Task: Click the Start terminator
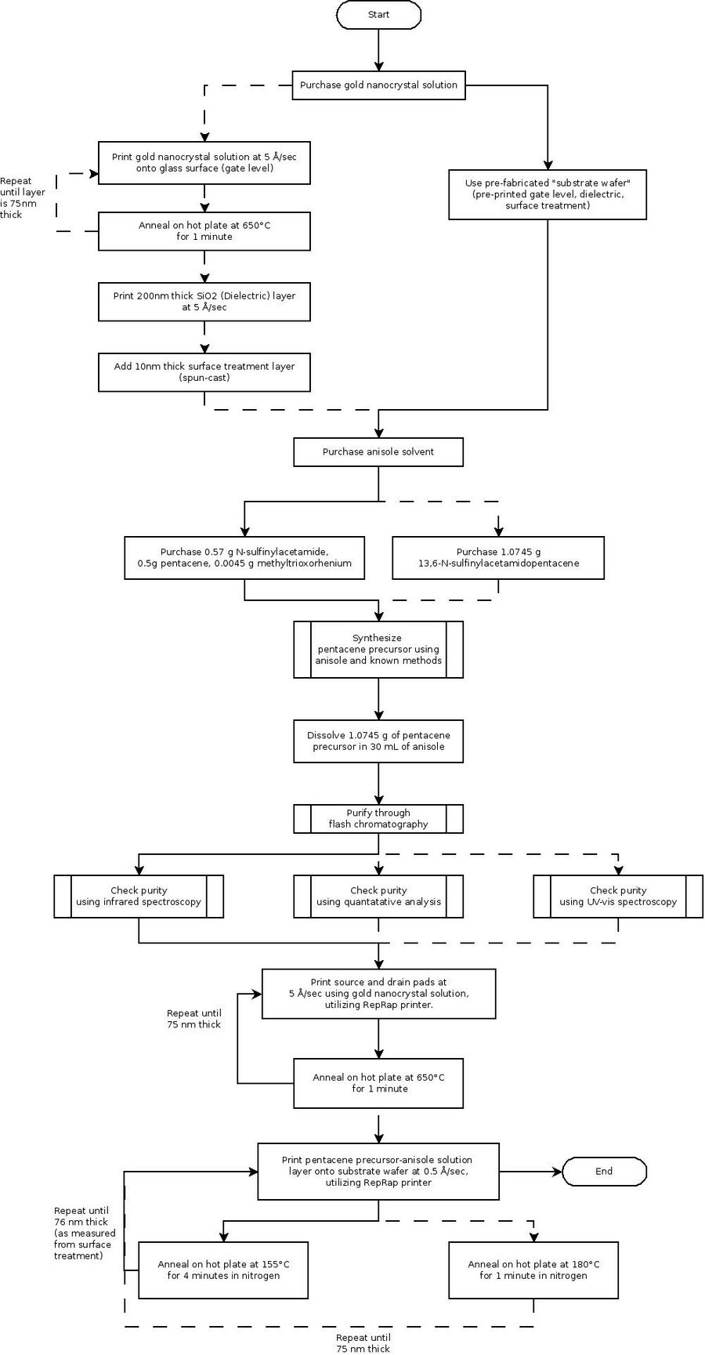click(x=378, y=15)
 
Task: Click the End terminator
click(x=604, y=1172)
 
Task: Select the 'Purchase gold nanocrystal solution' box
click(x=378, y=85)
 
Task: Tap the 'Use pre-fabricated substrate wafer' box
click(x=548, y=194)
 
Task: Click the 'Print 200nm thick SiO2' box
click(x=204, y=302)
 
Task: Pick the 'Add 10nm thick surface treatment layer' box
click(x=204, y=372)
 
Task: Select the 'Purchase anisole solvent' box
click(x=378, y=452)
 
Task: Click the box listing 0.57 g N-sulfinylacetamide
click(x=244, y=558)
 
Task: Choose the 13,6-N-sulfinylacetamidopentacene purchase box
click(x=498, y=558)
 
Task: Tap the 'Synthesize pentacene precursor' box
click(x=378, y=650)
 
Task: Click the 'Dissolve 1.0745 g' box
click(x=378, y=741)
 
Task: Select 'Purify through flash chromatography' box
click(x=378, y=819)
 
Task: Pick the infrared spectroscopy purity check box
click(x=139, y=897)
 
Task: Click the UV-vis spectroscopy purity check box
click(x=618, y=897)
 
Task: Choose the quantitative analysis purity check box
click(x=378, y=897)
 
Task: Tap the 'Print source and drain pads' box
click(x=378, y=994)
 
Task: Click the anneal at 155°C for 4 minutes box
click(x=223, y=1270)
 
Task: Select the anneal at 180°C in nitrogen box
click(x=533, y=1270)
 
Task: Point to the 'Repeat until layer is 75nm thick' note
click(x=23, y=197)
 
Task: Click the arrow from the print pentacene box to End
click(x=530, y=1172)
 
